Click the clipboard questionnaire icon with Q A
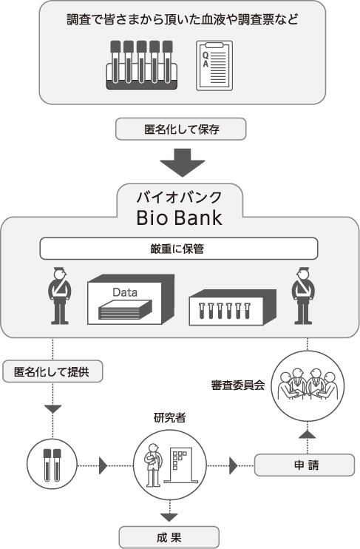click(214, 65)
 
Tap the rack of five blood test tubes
click(141, 65)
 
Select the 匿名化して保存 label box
click(181, 129)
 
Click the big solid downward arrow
click(183, 163)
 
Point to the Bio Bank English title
click(179, 218)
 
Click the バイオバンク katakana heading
click(179, 198)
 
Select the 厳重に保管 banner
click(179, 249)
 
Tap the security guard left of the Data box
click(59, 296)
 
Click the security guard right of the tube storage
click(303, 296)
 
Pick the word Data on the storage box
click(125, 292)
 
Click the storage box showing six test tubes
click(233, 307)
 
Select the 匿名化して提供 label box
click(52, 371)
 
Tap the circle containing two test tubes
click(52, 465)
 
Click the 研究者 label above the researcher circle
click(170, 418)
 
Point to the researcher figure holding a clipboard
click(152, 465)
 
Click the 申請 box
click(305, 465)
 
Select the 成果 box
click(169, 537)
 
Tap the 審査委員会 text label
click(238, 385)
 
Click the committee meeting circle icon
click(308, 385)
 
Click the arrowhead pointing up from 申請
click(308, 434)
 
